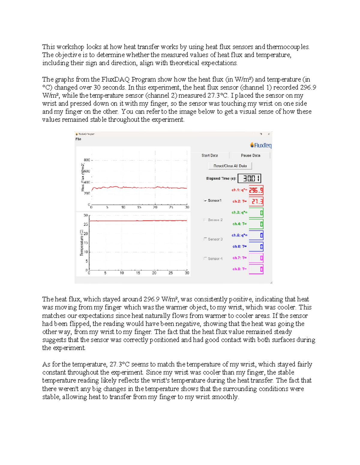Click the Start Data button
click(x=210, y=155)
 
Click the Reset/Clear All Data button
click(x=230, y=166)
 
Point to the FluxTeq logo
click(x=261, y=146)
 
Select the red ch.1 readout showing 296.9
click(x=256, y=190)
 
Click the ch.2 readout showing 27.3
click(x=256, y=202)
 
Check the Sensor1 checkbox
click(x=205, y=201)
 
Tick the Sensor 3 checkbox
click(x=205, y=239)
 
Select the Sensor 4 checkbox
click(x=205, y=258)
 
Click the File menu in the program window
click(x=78, y=139)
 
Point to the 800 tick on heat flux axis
click(x=87, y=160)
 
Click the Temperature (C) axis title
click(x=81, y=243)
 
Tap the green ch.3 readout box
click(x=256, y=213)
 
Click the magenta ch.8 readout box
click(x=256, y=269)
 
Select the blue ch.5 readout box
click(x=256, y=235)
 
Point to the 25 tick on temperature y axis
click(x=86, y=224)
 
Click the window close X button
click(x=269, y=134)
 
